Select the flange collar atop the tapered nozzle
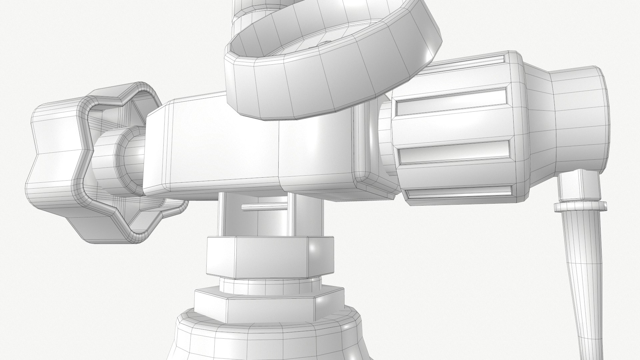580,207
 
